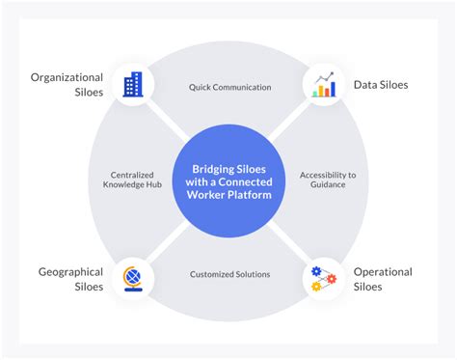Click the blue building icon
132,85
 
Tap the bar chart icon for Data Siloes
324,85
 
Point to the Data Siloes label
380,85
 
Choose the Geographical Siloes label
70,279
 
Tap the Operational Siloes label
382,279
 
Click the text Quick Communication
229,87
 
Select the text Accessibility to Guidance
328,181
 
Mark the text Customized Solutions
229,274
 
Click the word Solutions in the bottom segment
250,274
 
